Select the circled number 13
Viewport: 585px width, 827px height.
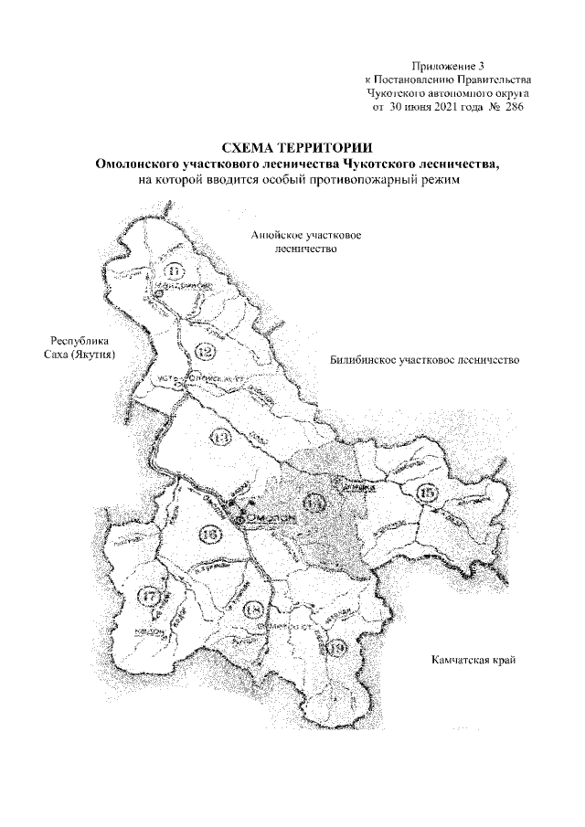(220, 437)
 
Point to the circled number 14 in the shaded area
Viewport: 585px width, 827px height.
(314, 502)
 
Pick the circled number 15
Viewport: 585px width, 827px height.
(426, 495)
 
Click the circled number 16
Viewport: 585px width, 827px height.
(210, 534)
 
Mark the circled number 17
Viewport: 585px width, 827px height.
(152, 597)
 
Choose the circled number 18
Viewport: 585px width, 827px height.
(254, 610)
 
